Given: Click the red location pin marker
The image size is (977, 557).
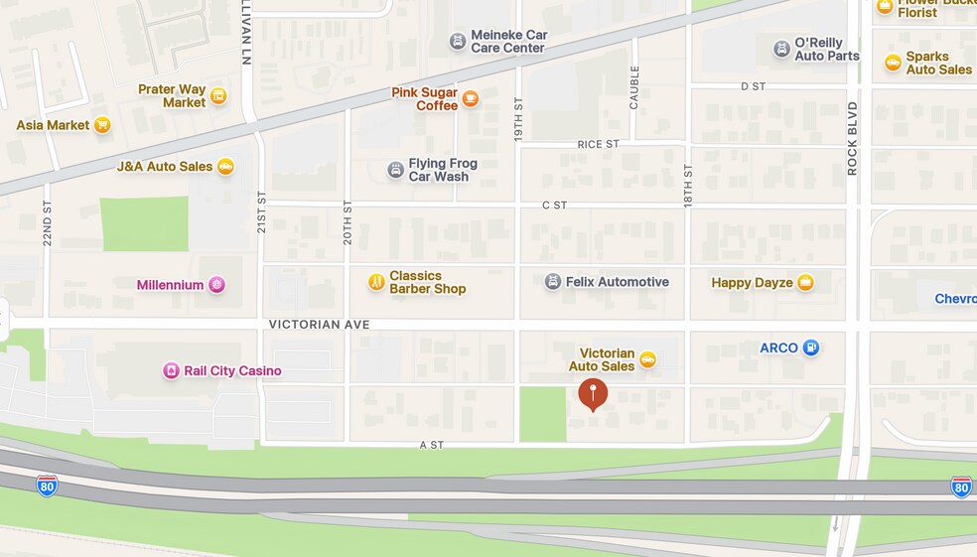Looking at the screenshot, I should click(593, 392).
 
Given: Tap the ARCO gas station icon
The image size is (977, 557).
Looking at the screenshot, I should click(811, 348).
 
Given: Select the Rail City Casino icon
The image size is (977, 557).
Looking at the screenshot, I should click(172, 370).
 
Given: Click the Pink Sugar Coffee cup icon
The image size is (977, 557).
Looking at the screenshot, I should click(470, 98).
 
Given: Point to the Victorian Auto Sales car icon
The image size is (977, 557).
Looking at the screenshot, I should click(647, 359).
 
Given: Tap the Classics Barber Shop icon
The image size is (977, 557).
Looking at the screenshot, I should click(375, 282).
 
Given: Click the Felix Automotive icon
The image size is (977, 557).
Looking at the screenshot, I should click(552, 282).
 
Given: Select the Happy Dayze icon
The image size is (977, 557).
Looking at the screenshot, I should click(805, 283).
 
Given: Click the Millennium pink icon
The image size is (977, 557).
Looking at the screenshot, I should click(216, 285).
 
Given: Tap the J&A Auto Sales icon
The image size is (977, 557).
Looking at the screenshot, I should click(225, 167).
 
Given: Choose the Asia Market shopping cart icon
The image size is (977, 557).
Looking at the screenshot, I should click(102, 125).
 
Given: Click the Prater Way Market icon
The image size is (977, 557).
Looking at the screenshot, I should click(218, 95).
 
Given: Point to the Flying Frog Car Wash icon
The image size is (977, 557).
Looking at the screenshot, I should click(395, 170).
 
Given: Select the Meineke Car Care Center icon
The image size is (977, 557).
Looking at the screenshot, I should click(457, 41).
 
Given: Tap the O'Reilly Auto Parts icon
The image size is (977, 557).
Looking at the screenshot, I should click(781, 49).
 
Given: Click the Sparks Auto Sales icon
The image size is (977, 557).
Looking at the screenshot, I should click(893, 63).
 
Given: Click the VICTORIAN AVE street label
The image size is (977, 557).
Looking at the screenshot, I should click(319, 325).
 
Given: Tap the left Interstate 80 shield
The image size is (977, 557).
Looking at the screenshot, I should click(47, 486).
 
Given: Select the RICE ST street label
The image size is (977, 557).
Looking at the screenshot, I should click(598, 144).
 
